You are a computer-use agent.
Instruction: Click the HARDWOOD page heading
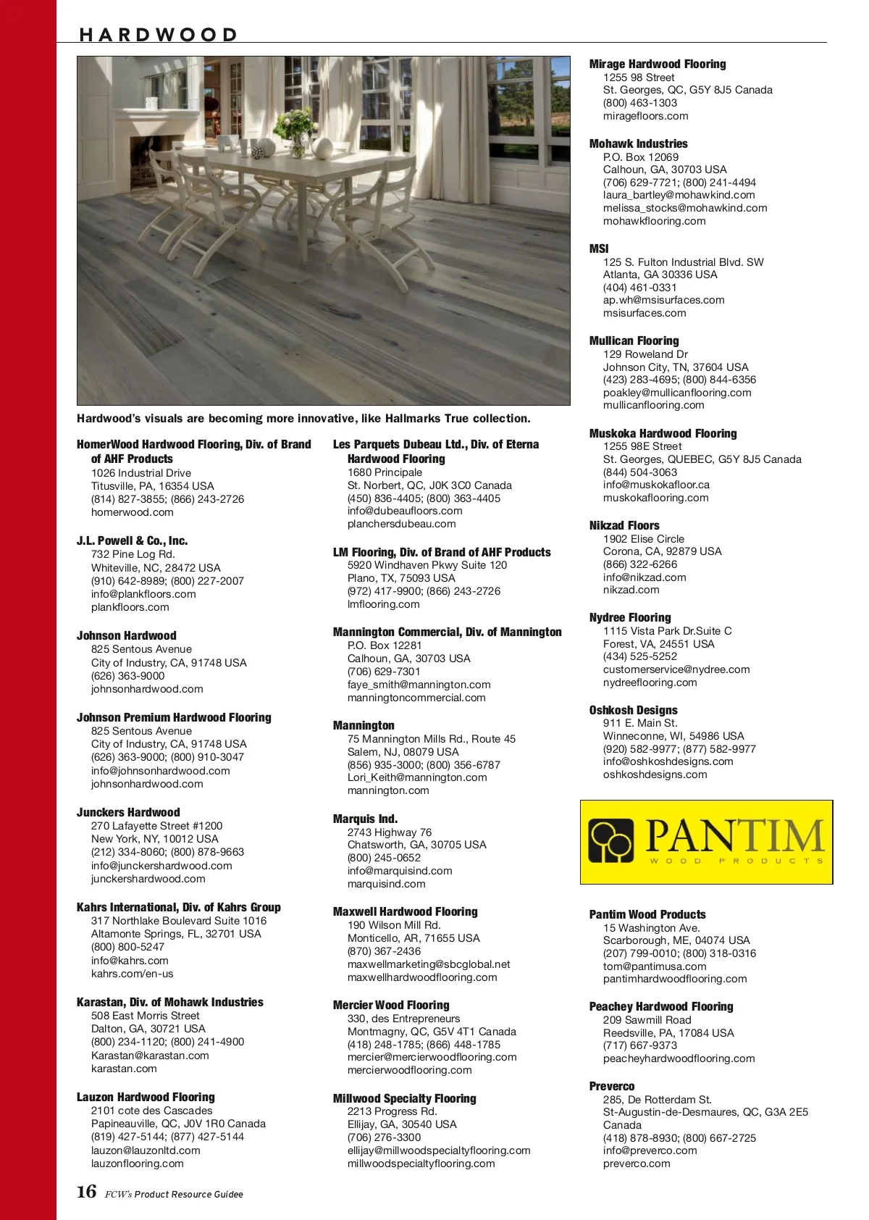click(158, 35)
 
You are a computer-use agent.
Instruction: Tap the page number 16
click(86, 1192)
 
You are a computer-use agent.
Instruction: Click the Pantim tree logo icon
click(611, 841)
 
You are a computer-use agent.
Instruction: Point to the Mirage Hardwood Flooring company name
click(657, 64)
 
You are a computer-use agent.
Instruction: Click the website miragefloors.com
click(645, 116)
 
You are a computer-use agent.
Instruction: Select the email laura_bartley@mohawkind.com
click(679, 195)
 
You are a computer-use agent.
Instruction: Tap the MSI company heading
click(599, 248)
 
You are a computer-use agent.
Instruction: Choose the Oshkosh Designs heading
click(633, 710)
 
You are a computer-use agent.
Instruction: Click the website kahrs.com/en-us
click(132, 974)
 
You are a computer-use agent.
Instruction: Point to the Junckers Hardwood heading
click(128, 812)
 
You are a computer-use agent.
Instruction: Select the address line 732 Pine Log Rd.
click(133, 554)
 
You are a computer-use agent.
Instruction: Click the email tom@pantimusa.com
click(654, 966)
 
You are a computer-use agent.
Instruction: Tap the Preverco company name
click(611, 1086)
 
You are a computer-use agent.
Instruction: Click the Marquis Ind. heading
click(365, 819)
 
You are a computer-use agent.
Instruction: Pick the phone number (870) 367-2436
click(384, 951)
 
